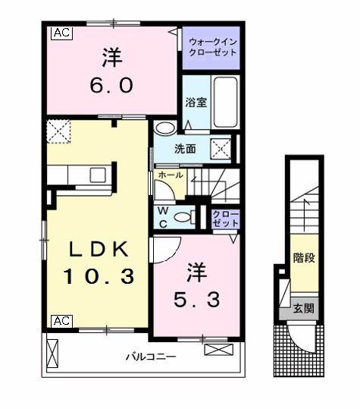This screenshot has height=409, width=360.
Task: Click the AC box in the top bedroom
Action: tap(61, 33)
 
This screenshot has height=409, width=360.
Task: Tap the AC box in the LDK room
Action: tap(61, 321)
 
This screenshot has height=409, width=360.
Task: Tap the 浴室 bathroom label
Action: tap(196, 102)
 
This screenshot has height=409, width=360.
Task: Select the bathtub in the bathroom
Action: tap(225, 101)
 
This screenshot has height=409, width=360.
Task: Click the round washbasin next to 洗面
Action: tap(164, 130)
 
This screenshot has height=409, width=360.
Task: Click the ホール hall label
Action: tap(169, 175)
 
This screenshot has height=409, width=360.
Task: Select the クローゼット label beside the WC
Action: tap(225, 219)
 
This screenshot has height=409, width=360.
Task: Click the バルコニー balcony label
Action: tap(152, 356)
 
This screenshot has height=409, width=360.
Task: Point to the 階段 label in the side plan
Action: tap(304, 257)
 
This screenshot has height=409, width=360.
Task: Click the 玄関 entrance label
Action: tap(305, 309)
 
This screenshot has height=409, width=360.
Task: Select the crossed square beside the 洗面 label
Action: tap(221, 147)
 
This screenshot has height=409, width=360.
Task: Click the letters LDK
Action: tap(93, 249)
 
